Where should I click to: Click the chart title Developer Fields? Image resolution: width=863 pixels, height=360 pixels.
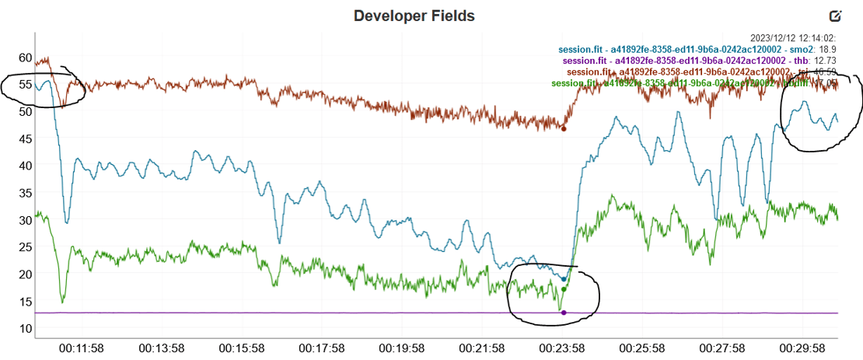pyautogui.click(x=414, y=16)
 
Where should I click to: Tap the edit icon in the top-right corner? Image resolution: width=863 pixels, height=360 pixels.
pyautogui.click(x=836, y=16)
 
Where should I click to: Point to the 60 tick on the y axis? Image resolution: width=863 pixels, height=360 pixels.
pyautogui.click(x=25, y=58)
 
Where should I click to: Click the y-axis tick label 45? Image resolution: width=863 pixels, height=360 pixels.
pyautogui.click(x=25, y=138)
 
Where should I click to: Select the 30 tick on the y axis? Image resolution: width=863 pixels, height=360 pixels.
pyautogui.click(x=25, y=220)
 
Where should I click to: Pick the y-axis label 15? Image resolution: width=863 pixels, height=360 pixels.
pyautogui.click(x=25, y=302)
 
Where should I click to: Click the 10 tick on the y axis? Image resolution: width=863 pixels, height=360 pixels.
pyautogui.click(x=25, y=329)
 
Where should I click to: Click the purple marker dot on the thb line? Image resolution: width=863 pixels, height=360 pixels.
pyautogui.click(x=564, y=313)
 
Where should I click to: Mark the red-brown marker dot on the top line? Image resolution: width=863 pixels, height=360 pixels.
pyautogui.click(x=564, y=128)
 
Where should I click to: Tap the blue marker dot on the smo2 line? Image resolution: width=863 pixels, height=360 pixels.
pyautogui.click(x=564, y=278)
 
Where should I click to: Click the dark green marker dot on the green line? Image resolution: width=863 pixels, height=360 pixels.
pyautogui.click(x=564, y=289)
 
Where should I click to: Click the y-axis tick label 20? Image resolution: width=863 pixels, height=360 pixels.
pyautogui.click(x=25, y=274)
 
